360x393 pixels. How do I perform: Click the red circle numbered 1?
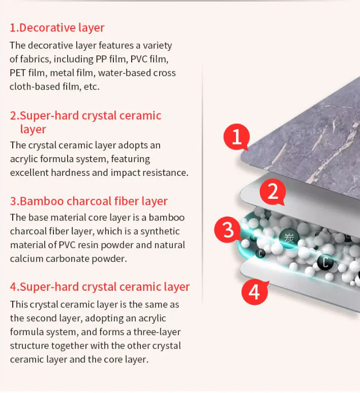[x=237, y=137]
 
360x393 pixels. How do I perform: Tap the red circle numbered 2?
[x=273, y=192]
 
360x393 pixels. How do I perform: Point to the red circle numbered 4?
[x=254, y=291]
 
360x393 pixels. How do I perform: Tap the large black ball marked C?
[x=325, y=262]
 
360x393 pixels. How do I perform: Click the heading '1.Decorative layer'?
[x=57, y=27]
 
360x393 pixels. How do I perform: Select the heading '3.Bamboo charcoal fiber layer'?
[x=88, y=201]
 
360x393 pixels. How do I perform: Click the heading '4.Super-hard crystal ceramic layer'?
[x=100, y=287]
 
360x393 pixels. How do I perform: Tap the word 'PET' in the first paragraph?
[x=18, y=73]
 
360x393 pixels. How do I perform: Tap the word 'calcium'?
[x=26, y=259]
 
